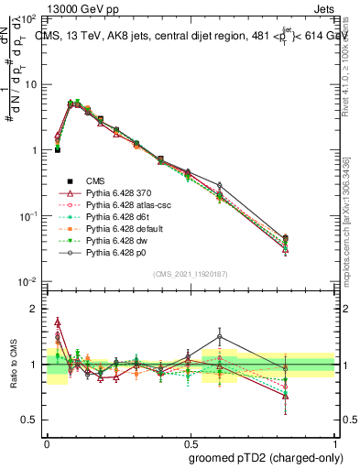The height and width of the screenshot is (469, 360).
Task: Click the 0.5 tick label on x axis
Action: [190, 442]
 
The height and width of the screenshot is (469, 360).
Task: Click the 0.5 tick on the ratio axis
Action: [29, 420]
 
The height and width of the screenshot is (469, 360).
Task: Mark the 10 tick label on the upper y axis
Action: [29, 84]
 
